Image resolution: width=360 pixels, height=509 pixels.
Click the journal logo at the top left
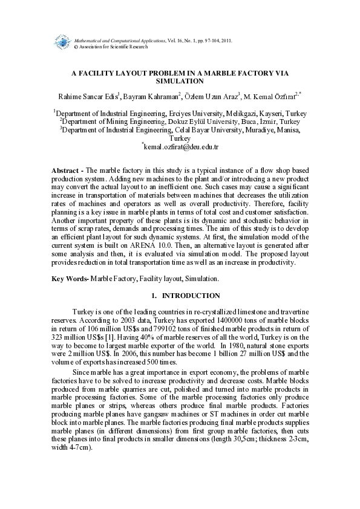61,42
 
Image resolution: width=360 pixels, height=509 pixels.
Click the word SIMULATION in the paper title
180,80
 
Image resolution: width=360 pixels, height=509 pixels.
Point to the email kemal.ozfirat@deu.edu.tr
181,146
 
